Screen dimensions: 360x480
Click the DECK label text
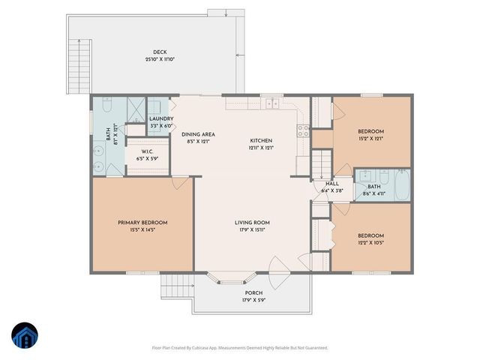pos(159,53)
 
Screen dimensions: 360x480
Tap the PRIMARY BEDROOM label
pos(142,223)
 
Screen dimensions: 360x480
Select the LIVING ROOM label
pos(252,223)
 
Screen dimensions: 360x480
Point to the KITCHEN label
pos(261,141)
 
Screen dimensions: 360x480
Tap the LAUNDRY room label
pos(161,119)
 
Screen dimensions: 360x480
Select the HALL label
pos(331,184)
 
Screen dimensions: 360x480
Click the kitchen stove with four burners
pos(304,130)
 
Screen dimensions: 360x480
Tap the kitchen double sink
pos(271,104)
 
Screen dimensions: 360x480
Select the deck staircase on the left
pos(79,64)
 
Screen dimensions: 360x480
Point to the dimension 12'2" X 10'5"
pos(370,241)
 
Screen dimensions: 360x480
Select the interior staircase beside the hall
pos(321,161)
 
